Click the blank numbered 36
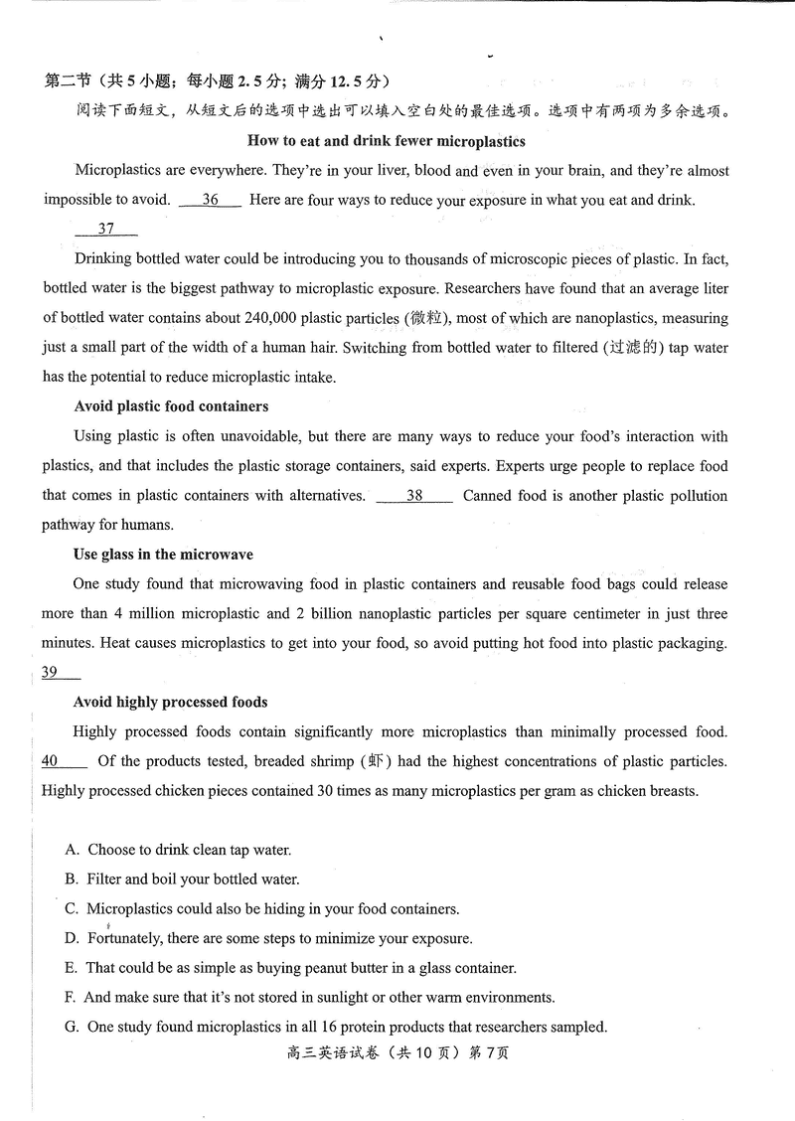pos(210,200)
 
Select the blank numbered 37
pos(106,230)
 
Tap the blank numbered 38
pos(414,496)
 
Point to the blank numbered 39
pos(60,673)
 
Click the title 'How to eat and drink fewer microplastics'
pos(386,141)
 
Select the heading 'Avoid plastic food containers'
pos(171,406)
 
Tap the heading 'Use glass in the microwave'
pos(163,555)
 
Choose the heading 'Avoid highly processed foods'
pos(170,702)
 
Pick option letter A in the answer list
pos(72,850)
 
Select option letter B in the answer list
pos(72,880)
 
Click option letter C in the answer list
pos(72,908)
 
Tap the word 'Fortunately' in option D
pos(126,938)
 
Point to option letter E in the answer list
pos(71,968)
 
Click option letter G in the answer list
pos(72,1027)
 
